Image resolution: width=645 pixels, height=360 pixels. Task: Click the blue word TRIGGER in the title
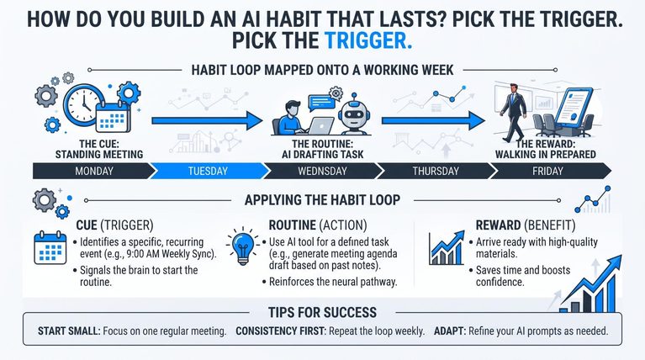pyautogui.click(x=368, y=40)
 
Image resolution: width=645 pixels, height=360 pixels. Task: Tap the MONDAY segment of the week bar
pyautogui.click(x=93, y=171)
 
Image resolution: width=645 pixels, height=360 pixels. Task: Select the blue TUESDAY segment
pyautogui.click(x=208, y=171)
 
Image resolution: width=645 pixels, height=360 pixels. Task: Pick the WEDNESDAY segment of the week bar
pyautogui.click(x=322, y=171)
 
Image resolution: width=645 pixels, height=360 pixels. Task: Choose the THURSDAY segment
pyautogui.click(x=436, y=171)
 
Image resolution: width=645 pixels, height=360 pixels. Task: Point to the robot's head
pyautogui.click(x=354, y=113)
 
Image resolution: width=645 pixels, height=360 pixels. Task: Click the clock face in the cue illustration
pyautogui.click(x=82, y=104)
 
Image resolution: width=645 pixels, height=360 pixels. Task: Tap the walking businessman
pyautogui.click(x=513, y=112)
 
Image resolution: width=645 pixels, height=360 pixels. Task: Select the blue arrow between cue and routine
pyautogui.click(x=207, y=120)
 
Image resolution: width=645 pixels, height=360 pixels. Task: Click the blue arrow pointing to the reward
pyautogui.click(x=433, y=120)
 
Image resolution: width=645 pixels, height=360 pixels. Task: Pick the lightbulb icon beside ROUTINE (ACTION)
pyautogui.click(x=243, y=246)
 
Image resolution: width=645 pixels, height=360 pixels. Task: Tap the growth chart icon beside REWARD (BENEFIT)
pyautogui.click(x=447, y=248)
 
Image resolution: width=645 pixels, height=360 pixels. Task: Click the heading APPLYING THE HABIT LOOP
pyautogui.click(x=323, y=200)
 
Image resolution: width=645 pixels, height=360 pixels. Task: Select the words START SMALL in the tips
pyautogui.click(x=69, y=331)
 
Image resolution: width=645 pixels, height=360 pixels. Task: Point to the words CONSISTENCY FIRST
pyautogui.click(x=280, y=331)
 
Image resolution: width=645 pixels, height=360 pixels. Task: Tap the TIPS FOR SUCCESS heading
pyautogui.click(x=323, y=313)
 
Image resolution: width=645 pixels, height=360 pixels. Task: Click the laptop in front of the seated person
pyautogui.click(x=322, y=126)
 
